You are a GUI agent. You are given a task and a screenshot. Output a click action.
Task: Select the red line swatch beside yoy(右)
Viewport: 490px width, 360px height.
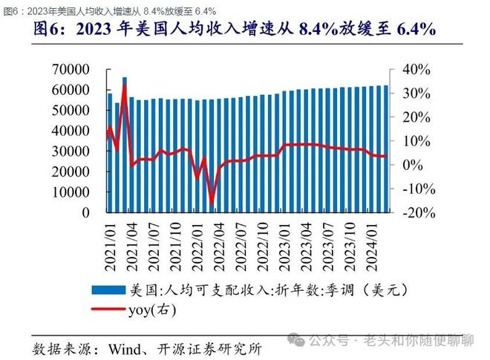pos(108,310)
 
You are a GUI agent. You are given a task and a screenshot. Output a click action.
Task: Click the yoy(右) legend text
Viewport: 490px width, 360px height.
pos(152,310)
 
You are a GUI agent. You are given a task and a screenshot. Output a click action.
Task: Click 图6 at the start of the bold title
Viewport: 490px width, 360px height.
pos(48,30)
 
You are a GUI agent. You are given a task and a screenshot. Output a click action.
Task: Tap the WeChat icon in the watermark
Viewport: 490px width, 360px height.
pos(295,341)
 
